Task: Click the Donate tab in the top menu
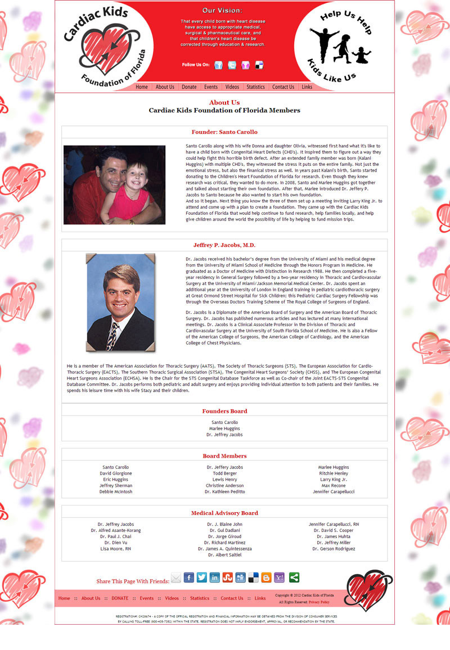click(189, 87)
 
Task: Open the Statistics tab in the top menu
click(255, 87)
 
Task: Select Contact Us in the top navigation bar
click(283, 87)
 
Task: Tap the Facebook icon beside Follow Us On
click(218, 65)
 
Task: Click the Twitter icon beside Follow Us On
click(232, 65)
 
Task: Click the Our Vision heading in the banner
click(223, 11)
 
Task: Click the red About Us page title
click(224, 102)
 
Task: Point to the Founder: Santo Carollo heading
click(224, 132)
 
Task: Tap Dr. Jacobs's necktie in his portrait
click(112, 334)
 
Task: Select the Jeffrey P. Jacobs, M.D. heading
click(224, 245)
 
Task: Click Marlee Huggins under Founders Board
click(224, 428)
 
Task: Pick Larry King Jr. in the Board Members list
click(334, 480)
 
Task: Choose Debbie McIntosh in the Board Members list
click(116, 492)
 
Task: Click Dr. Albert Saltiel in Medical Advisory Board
click(224, 555)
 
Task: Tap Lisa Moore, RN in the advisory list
click(116, 549)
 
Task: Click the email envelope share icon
click(176, 578)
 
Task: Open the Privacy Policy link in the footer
click(319, 602)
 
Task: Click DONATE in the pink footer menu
click(120, 598)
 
